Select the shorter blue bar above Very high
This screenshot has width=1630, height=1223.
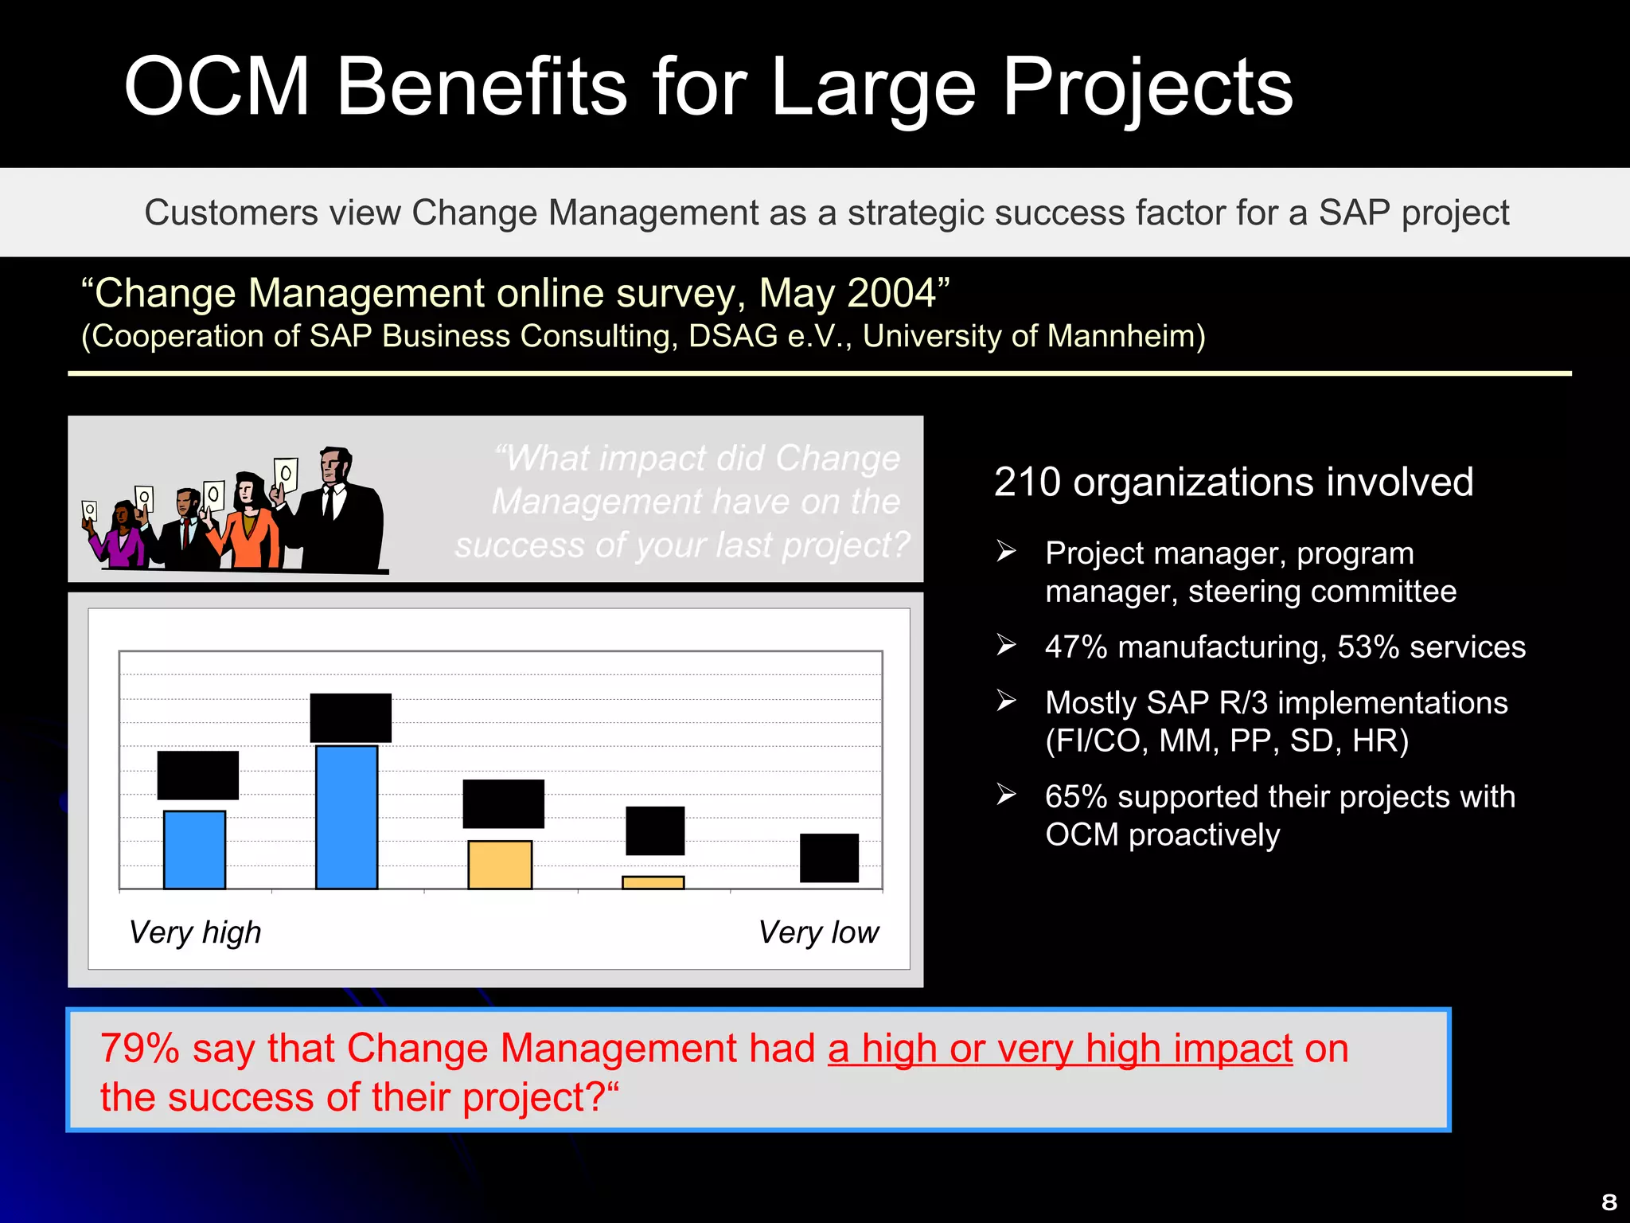[194, 849]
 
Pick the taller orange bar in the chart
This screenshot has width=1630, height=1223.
[500, 865]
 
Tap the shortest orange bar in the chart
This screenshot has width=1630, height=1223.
[653, 882]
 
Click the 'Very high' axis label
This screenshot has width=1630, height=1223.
[195, 932]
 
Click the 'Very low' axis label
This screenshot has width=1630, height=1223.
[818, 932]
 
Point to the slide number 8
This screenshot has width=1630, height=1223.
[1609, 1202]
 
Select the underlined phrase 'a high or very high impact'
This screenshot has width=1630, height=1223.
[1059, 1048]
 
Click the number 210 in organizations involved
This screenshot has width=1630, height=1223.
[1028, 482]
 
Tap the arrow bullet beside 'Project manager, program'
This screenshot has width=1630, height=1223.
[1006, 551]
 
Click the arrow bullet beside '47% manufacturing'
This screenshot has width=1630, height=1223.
[1006, 645]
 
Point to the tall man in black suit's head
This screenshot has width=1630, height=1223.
[335, 465]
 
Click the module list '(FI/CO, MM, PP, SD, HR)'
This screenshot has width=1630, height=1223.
[1226, 740]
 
